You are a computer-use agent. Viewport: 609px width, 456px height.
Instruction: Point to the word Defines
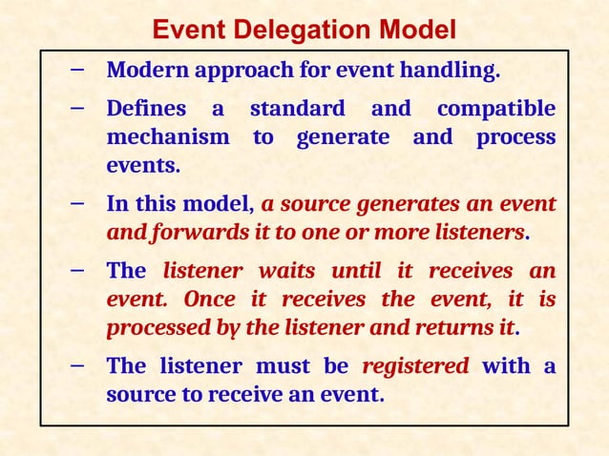pyautogui.click(x=146, y=109)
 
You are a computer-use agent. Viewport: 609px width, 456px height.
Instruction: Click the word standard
pyautogui.click(x=296, y=109)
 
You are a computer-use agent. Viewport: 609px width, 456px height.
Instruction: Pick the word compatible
pyautogui.click(x=495, y=109)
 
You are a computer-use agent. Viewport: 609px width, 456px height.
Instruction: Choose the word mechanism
pyautogui.click(x=168, y=137)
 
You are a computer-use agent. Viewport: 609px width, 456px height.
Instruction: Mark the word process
pyautogui.click(x=515, y=137)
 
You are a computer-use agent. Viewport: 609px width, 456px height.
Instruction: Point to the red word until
pyautogui.click(x=358, y=271)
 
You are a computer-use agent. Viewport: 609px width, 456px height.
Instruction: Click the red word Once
pyautogui.click(x=209, y=300)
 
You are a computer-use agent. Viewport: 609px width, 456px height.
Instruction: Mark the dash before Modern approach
pyautogui.click(x=76, y=71)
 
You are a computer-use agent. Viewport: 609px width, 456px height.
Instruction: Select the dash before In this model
pyautogui.click(x=76, y=204)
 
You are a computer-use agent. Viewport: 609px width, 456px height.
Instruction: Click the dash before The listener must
pyautogui.click(x=76, y=365)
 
